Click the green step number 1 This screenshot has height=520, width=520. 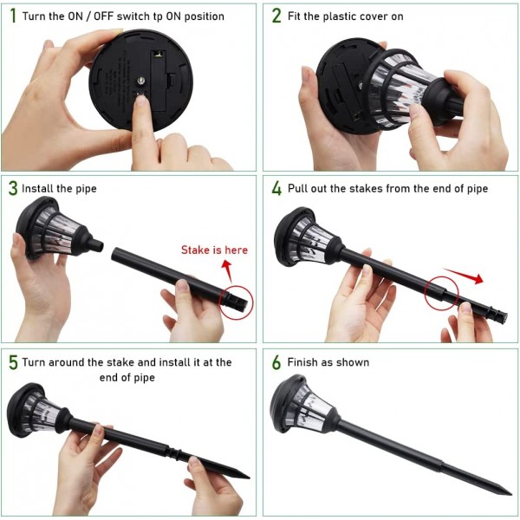pos(13,16)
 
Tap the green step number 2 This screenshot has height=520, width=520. pos(276,16)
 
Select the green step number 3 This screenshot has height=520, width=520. pos(13,188)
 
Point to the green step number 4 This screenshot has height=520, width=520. pos(276,188)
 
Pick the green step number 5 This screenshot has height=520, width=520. pos(13,362)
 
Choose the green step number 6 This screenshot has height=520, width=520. pos(276,362)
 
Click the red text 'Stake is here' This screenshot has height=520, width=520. pos(214,250)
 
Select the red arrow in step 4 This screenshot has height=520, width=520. pos(464,276)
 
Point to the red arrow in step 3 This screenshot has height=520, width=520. pos(228,270)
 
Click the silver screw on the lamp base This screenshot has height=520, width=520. pos(141,81)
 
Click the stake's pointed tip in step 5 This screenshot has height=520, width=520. pos(249,478)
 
